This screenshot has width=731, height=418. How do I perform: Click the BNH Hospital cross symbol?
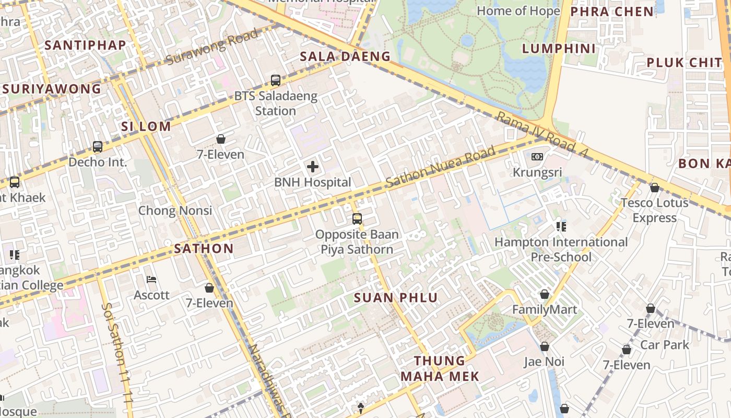point(313,167)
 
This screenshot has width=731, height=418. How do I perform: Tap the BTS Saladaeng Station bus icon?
point(276,80)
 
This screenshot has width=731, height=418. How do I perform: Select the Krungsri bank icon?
point(537,157)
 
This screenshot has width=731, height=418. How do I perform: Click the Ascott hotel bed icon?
point(151,280)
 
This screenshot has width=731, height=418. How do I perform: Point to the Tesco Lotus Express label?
point(654,210)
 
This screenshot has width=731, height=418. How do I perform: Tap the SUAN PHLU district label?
point(396,298)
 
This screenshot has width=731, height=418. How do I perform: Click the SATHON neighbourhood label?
point(204,248)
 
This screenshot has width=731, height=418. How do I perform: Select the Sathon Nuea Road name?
point(440,167)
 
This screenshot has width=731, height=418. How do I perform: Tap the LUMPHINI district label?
point(559,49)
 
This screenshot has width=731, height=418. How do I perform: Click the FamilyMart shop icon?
point(545,294)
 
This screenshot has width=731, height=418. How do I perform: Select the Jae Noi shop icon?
point(544,346)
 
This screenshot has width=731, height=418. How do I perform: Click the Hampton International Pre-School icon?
point(561,226)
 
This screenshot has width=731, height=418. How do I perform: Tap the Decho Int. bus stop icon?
point(98,147)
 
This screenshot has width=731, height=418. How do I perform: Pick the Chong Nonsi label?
point(175,211)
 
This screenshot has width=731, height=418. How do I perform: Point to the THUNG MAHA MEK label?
point(440,368)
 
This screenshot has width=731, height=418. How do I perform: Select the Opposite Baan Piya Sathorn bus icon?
point(357,219)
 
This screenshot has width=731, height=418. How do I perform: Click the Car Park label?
point(665,345)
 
